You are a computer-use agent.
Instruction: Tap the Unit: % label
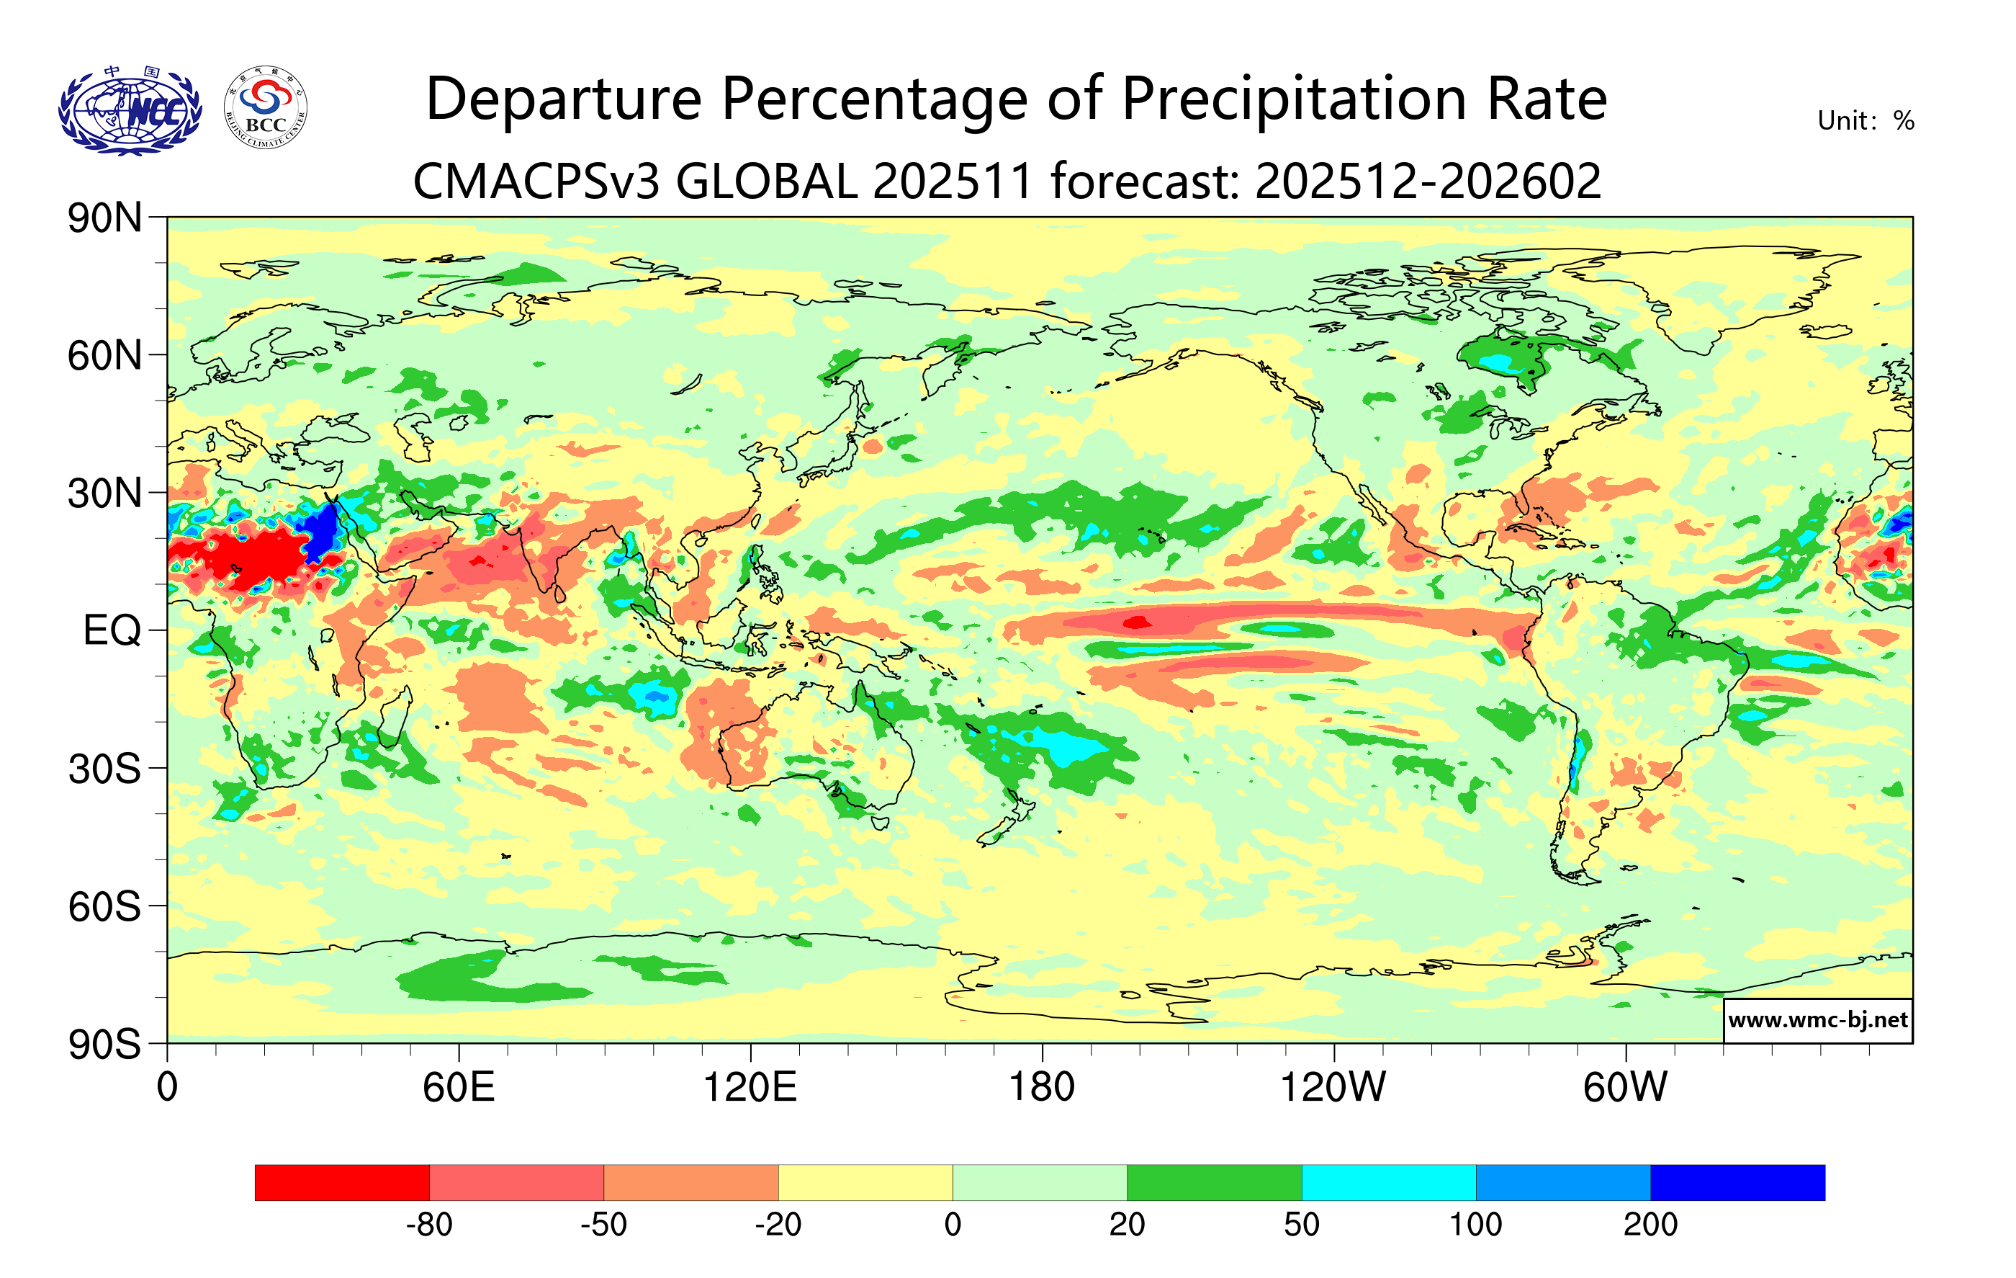pyautogui.click(x=1866, y=122)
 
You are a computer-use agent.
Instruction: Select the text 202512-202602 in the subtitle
pyautogui.click(x=1428, y=182)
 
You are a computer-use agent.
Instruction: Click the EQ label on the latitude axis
pyautogui.click(x=112, y=630)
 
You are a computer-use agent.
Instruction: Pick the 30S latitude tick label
pyautogui.click(x=104, y=769)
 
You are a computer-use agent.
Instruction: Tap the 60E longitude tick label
pyautogui.click(x=459, y=1088)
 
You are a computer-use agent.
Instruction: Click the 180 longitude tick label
pyautogui.click(x=1042, y=1088)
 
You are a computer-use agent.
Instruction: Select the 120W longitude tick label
pyautogui.click(x=1333, y=1088)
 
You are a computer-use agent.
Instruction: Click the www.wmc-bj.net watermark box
pyautogui.click(x=1817, y=1020)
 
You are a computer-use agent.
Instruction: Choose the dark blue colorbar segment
pyautogui.click(x=1737, y=1182)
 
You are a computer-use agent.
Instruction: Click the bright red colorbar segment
pyautogui.click(x=341, y=1182)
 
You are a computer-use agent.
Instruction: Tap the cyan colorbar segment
pyautogui.click(x=1388, y=1182)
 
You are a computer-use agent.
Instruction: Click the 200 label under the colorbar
pyautogui.click(x=1650, y=1225)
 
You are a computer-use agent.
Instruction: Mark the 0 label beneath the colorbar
pyautogui.click(x=953, y=1225)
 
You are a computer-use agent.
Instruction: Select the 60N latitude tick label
pyautogui.click(x=104, y=356)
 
